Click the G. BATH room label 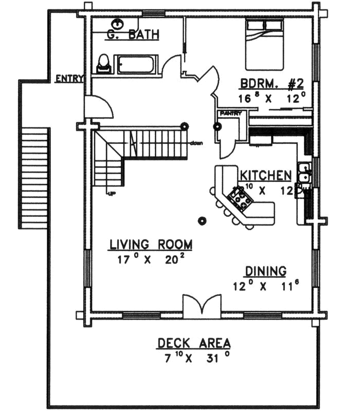click(133, 35)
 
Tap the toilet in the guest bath click(104, 64)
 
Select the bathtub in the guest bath click(136, 65)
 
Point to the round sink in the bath click(118, 23)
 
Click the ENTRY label click(69, 79)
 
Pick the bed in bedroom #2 click(264, 44)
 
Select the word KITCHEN click(266, 175)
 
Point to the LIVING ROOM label click(150, 245)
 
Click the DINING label click(265, 271)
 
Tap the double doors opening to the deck click(202, 304)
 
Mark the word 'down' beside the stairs click(196, 143)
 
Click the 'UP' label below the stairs click(111, 193)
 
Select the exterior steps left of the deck click(35, 177)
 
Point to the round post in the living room click(202, 221)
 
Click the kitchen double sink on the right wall click(304, 172)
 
